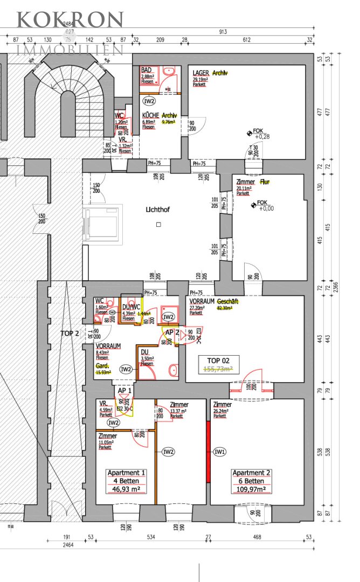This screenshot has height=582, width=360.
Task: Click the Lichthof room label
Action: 157,209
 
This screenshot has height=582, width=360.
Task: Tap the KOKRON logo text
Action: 70,19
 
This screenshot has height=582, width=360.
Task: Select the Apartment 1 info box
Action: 127,481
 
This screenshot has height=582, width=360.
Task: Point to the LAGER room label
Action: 201,73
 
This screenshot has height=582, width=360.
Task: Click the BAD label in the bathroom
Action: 146,71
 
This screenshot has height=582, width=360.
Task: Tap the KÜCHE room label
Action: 150,115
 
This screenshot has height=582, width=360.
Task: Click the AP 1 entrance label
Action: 125,389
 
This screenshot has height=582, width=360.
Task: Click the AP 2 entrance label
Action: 171,332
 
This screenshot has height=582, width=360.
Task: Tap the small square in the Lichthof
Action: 158,224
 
